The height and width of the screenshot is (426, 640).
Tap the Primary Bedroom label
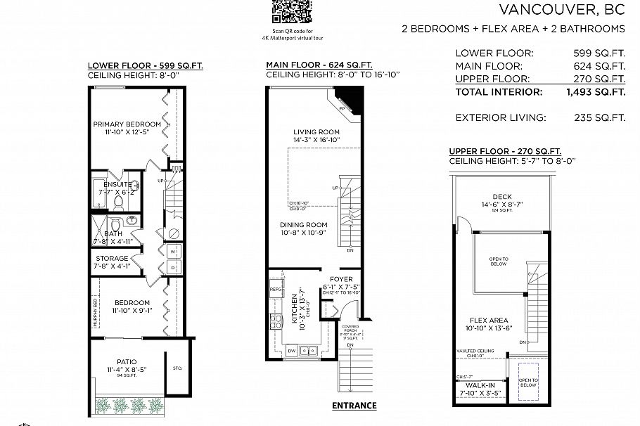pyautogui.click(x=127, y=124)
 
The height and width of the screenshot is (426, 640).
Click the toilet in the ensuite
pyautogui.click(x=119, y=203)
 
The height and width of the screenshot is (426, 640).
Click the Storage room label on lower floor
pyautogui.click(x=113, y=259)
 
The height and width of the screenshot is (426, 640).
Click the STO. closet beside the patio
pyautogui.click(x=177, y=367)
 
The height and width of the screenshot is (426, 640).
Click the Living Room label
pyautogui.click(x=316, y=131)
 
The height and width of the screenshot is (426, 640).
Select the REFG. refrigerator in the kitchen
pyautogui.click(x=275, y=289)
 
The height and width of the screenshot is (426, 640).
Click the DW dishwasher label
pyautogui.click(x=292, y=349)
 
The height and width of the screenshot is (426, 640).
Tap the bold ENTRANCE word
pyautogui.click(x=354, y=406)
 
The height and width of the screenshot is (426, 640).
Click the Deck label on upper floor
pyautogui.click(x=502, y=197)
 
